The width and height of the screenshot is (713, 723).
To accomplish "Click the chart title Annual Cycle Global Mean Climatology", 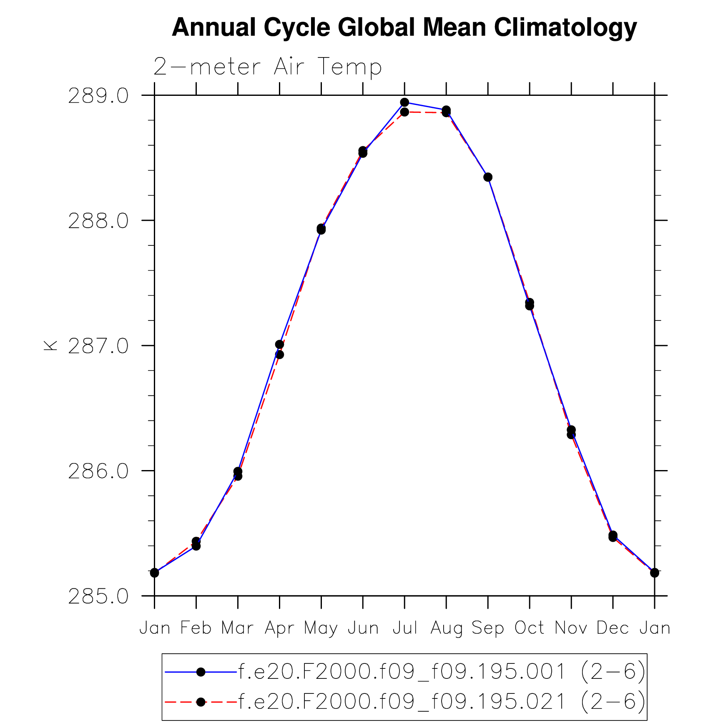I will (404, 28).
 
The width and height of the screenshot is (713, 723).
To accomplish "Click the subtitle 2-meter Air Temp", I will (267, 67).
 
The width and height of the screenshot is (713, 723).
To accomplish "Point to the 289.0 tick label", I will (98, 96).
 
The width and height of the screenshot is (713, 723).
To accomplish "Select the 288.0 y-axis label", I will (98, 221).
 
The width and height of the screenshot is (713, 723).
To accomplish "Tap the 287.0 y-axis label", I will (98, 346).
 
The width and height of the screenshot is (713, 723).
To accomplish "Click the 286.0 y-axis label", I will (98, 471).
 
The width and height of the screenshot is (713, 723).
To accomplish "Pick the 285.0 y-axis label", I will (98, 597).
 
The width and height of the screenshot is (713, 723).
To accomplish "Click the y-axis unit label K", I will (50, 345).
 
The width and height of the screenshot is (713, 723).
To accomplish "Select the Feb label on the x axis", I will (196, 628).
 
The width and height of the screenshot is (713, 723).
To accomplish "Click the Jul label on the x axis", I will (404, 628).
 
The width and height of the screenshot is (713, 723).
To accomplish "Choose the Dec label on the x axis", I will (613, 628).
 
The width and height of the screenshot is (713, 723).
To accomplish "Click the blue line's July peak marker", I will (404, 102).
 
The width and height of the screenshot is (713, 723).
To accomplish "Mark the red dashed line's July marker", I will (404, 112).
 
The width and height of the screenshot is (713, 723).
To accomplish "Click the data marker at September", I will (488, 177).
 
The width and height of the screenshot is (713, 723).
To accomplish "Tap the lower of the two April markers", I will (279, 355).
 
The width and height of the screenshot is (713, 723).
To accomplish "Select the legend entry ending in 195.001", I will (441, 672).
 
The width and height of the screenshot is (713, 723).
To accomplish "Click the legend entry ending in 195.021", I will (441, 702).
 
